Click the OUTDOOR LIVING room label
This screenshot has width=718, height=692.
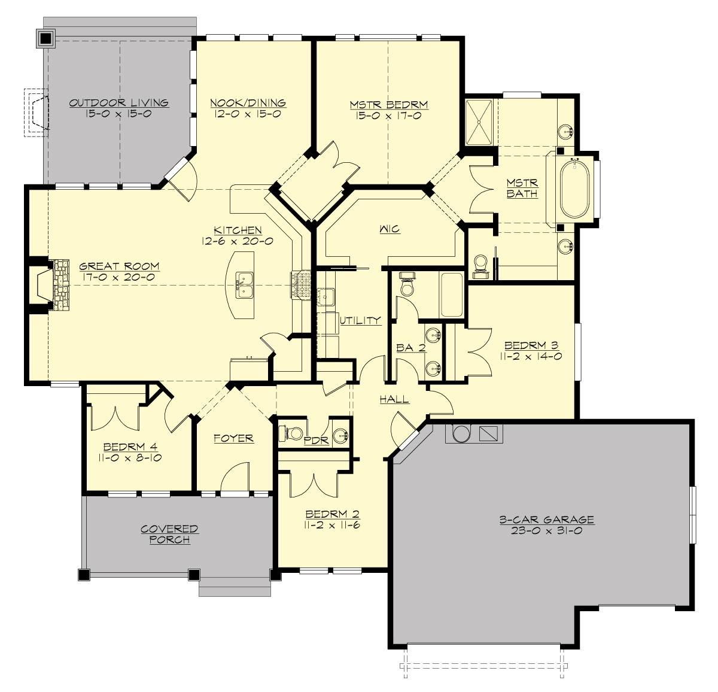(118, 103)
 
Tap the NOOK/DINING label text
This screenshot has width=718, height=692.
(248, 103)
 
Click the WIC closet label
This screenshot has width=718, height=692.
(389, 229)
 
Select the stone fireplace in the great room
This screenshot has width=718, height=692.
(60, 285)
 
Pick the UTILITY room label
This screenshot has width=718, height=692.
(360, 320)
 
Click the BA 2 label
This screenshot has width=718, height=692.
(410, 347)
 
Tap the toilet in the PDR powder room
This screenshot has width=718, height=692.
(293, 432)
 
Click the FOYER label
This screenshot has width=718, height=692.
(233, 438)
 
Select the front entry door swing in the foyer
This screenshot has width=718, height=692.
(235, 476)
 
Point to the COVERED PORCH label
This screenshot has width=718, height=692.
(169, 534)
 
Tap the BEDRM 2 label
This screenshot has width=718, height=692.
(332, 514)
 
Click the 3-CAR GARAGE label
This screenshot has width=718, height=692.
(546, 520)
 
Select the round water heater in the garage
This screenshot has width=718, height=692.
(461, 433)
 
